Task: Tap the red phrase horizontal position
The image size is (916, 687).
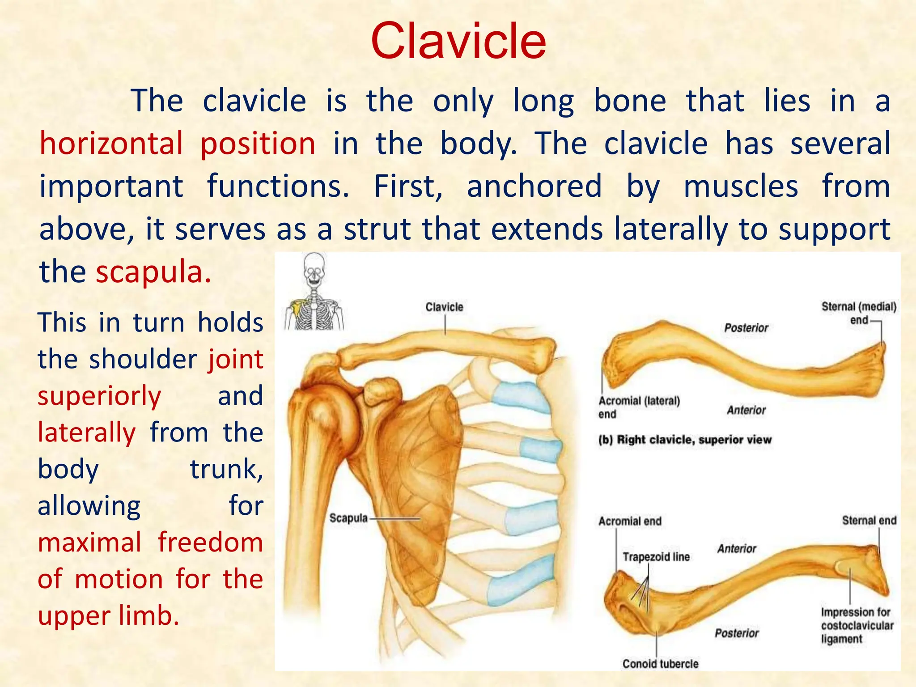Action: click(x=178, y=144)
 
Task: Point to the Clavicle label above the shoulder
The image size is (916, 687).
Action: click(x=444, y=307)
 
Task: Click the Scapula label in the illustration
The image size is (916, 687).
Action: click(x=348, y=518)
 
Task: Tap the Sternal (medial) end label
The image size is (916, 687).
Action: click(x=858, y=313)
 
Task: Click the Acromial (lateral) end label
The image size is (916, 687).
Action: click(x=638, y=407)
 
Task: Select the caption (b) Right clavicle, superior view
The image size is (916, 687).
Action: click(x=685, y=440)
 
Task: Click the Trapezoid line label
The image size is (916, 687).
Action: click(x=656, y=557)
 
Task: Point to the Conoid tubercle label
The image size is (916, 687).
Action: click(x=660, y=664)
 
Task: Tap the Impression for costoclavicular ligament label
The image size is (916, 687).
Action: click(x=856, y=625)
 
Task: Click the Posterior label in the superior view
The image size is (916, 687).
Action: click(x=746, y=328)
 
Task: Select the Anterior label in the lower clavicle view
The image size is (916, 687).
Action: click(x=736, y=549)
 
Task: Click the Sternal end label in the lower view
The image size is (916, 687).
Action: click(x=869, y=521)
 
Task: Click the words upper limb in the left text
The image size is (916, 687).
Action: click(x=108, y=616)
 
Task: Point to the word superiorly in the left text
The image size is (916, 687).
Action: click(x=99, y=396)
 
